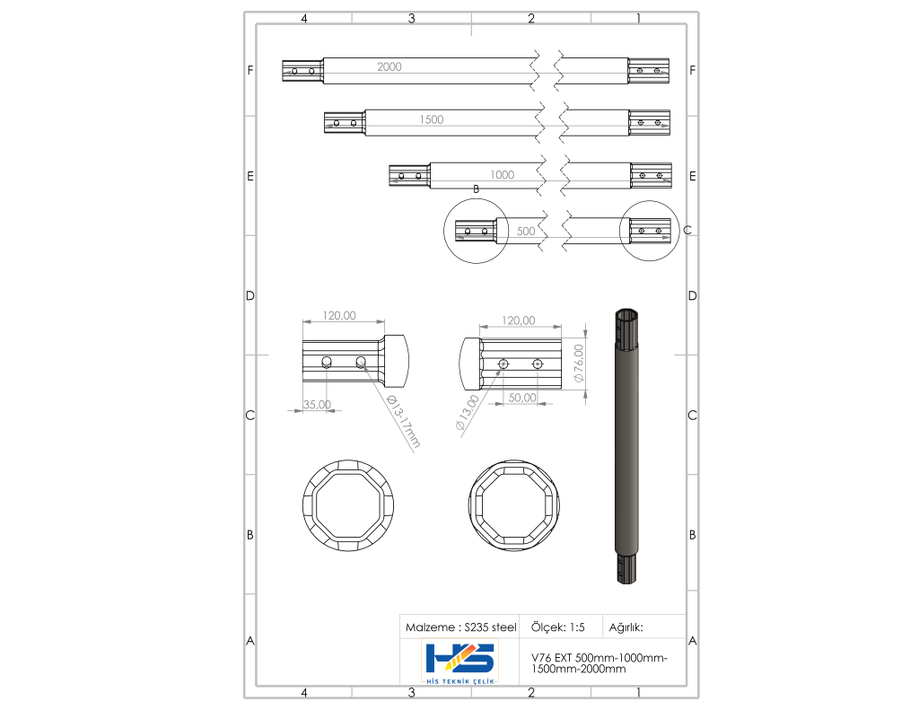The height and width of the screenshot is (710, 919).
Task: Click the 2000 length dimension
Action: [x=389, y=67]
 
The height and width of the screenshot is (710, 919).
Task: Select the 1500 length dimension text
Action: [x=431, y=119]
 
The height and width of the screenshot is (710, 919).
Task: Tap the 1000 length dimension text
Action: [x=502, y=175]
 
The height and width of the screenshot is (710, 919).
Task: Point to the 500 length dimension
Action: [x=526, y=231]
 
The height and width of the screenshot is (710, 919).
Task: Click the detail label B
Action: [x=476, y=188]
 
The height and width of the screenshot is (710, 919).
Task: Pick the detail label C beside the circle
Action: [x=687, y=231]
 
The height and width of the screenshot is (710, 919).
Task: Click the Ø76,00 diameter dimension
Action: [x=579, y=364]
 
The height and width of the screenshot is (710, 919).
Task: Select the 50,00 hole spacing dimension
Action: [x=522, y=397]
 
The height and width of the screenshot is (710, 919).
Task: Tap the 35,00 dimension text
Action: [x=317, y=404]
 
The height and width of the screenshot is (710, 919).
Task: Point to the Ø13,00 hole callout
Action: [x=468, y=413]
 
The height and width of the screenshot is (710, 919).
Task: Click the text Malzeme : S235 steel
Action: [x=460, y=627]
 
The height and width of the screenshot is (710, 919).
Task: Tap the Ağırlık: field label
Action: [x=626, y=627]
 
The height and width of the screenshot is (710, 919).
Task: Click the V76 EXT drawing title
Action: [x=599, y=663]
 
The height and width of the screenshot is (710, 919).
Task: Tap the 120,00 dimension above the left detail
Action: [x=340, y=315]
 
